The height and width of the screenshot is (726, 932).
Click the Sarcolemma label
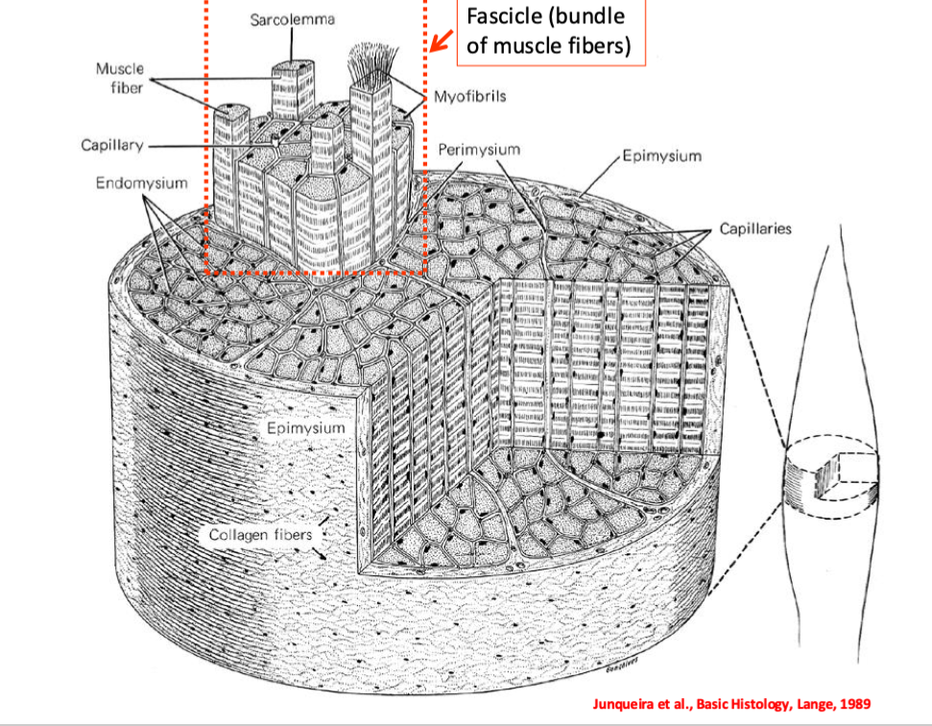click(x=292, y=20)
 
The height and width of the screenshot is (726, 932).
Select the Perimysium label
click(x=479, y=150)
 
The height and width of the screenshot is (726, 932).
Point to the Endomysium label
click(x=141, y=182)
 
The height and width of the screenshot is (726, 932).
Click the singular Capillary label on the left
click(x=112, y=145)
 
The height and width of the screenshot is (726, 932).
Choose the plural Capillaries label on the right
click(x=755, y=230)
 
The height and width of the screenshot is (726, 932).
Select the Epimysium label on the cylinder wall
click(x=305, y=426)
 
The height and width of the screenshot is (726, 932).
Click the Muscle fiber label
click(x=120, y=78)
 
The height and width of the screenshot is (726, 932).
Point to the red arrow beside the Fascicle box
click(x=442, y=41)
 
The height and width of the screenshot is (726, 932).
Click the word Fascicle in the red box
click(x=501, y=16)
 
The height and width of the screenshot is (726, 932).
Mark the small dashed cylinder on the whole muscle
click(x=830, y=476)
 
